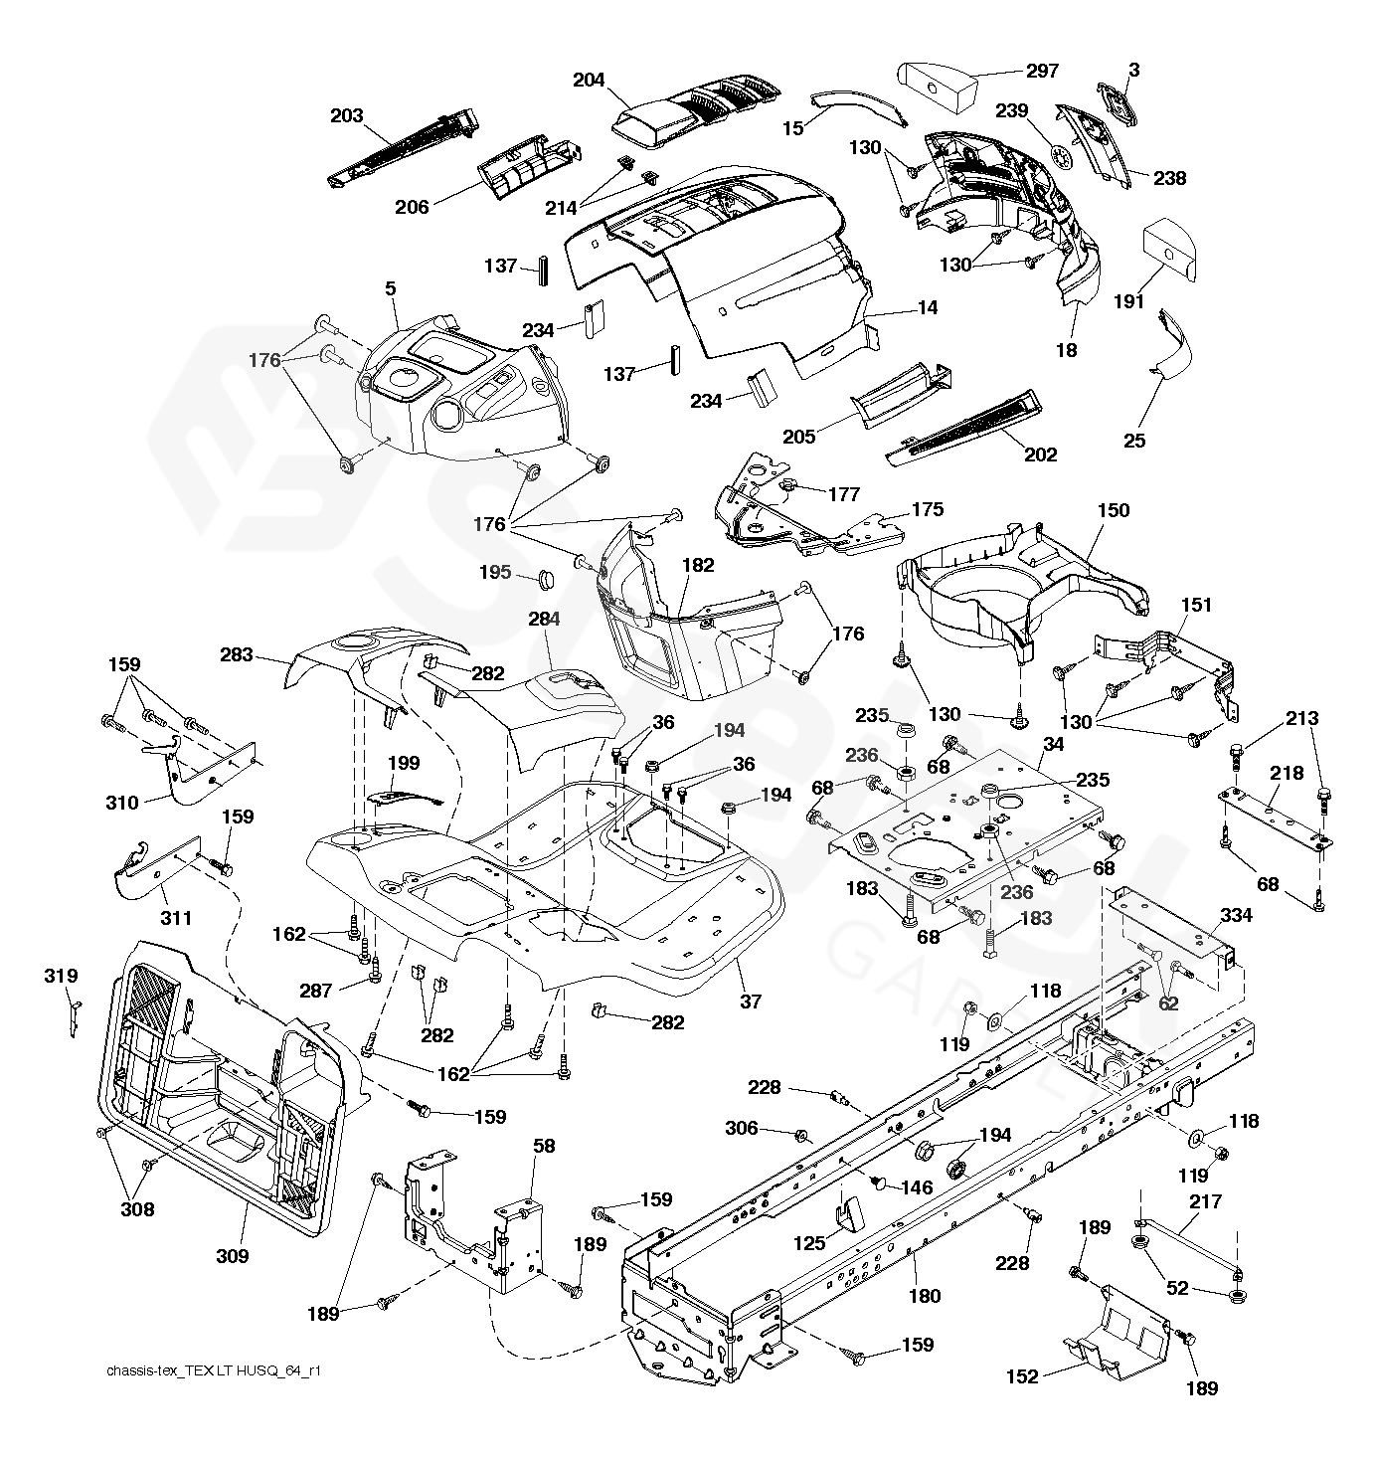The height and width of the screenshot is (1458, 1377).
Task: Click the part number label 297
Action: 1042,71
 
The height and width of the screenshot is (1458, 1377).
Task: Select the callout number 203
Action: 346,115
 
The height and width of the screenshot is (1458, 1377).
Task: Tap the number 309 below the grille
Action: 232,1256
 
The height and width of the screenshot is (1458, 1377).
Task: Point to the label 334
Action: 1236,915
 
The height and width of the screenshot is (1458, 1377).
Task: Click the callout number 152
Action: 1022,1376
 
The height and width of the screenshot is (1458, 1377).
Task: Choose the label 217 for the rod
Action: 1205,1201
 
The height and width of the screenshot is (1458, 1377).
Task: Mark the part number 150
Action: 1113,510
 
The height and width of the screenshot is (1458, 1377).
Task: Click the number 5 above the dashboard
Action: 391,288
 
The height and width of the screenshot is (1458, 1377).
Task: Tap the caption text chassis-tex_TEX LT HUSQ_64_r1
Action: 214,1370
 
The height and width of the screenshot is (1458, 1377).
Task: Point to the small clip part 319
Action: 75,1019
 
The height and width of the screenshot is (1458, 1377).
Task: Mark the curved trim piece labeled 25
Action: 1172,343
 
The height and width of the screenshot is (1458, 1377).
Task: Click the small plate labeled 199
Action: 403,797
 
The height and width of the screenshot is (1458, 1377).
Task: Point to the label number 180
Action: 924,1296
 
